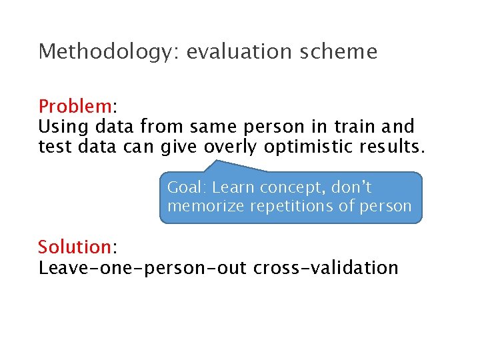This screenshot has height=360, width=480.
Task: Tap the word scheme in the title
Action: click(346, 52)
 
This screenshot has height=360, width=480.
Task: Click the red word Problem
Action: click(75, 107)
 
